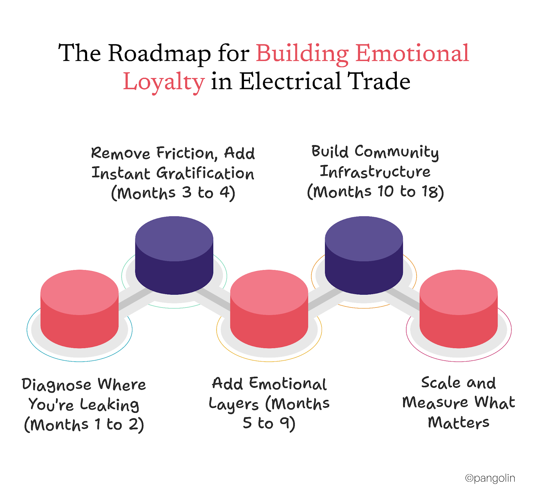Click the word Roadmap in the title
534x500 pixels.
pyautogui.click(x=159, y=53)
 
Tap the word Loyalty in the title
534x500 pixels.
pyautogui.click(x=164, y=82)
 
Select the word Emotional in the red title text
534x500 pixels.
pyautogui.click(x=412, y=53)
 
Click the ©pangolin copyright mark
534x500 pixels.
pyautogui.click(x=490, y=478)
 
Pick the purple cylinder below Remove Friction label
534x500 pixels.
pyautogui.click(x=174, y=255)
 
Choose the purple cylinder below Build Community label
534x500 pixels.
pyautogui.click(x=364, y=255)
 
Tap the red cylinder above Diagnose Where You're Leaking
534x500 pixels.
pyautogui.click(x=79, y=309)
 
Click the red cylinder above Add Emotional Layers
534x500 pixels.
pyautogui.click(x=269, y=309)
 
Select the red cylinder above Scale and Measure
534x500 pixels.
pyautogui.click(x=459, y=309)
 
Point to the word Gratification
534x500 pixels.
pyautogui.click(x=205, y=174)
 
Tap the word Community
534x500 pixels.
pyautogui.click(x=396, y=152)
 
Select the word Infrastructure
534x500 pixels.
pyautogui.click(x=375, y=172)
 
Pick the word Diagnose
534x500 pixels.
pyautogui.click(x=56, y=385)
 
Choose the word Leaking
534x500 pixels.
pyautogui.click(x=109, y=405)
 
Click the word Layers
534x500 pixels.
pyautogui.click(x=234, y=404)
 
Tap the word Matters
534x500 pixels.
pyautogui.click(x=459, y=423)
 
